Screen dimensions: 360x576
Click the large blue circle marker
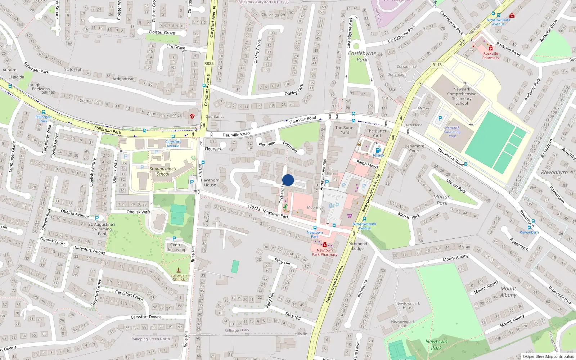288,180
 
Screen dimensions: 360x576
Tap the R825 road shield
209,63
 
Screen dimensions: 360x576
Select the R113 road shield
437,65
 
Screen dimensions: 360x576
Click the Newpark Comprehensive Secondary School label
462,96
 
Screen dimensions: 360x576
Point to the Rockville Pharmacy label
491,56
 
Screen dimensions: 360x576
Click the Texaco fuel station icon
378,150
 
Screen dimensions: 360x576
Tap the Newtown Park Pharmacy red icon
325,244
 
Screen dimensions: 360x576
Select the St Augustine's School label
163,171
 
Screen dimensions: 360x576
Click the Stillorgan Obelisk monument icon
179,270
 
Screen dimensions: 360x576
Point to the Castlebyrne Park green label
362,57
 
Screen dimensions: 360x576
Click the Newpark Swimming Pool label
452,132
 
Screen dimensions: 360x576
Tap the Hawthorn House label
210,183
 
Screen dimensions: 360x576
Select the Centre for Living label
176,247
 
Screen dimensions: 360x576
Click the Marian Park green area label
442,200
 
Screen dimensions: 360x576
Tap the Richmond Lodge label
358,246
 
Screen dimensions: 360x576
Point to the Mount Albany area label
508,292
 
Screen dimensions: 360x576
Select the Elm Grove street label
176,47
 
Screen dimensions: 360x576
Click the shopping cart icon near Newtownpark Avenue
350,216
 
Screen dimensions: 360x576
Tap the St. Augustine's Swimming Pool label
102,229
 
